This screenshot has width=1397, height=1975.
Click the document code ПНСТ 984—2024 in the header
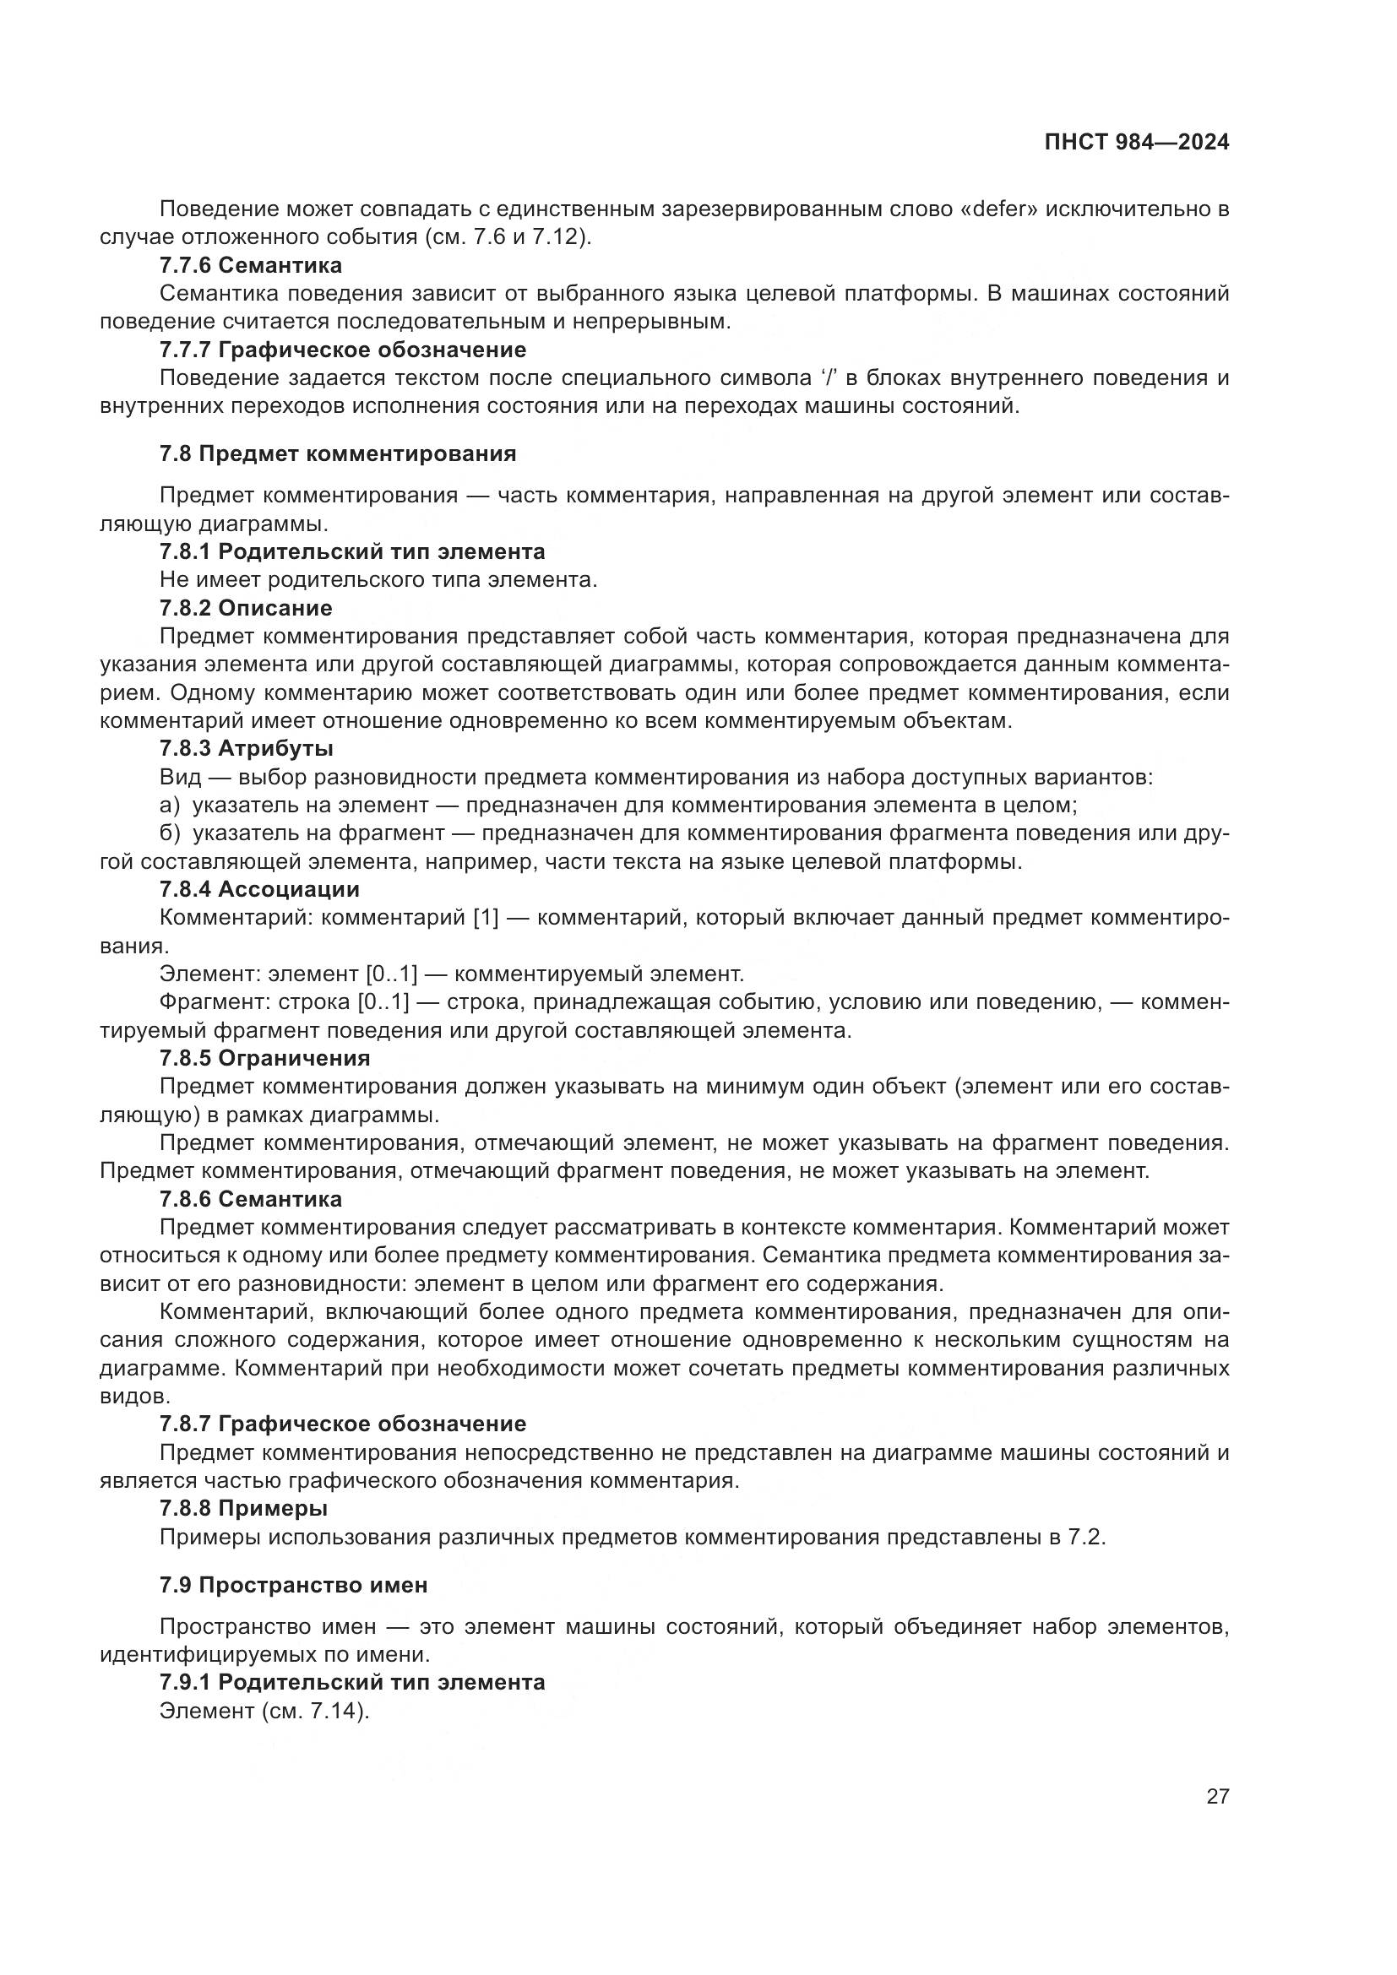1136,143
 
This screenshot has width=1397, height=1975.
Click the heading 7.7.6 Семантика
250,265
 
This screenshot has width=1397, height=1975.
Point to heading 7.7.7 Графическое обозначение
342,350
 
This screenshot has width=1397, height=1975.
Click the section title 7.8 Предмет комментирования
337,454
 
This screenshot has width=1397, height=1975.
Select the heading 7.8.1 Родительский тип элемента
352,551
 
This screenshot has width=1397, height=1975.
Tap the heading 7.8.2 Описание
245,608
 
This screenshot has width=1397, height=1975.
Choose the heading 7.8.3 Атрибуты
246,748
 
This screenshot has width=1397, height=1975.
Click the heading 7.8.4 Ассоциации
259,889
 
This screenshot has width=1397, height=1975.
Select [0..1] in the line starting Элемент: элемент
390,974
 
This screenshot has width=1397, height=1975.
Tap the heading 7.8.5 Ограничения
264,1058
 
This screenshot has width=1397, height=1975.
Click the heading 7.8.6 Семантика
250,1199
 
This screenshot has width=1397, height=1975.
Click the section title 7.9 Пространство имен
292,1584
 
